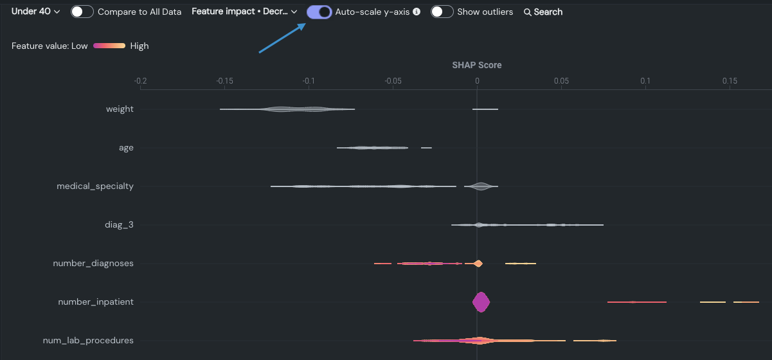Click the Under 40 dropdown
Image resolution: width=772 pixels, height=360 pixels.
pos(36,12)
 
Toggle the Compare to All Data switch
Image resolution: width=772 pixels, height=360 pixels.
pos(82,12)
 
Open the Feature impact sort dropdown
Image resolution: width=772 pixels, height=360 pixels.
pos(244,12)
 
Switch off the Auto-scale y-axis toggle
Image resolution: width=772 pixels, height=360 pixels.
pos(319,12)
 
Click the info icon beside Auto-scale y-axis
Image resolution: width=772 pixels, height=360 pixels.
pos(417,12)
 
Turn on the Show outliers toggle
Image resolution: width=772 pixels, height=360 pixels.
pos(442,12)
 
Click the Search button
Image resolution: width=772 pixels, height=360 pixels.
pos(543,12)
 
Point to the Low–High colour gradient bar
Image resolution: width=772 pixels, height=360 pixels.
pos(109,46)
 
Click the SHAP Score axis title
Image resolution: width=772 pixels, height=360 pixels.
pos(477,65)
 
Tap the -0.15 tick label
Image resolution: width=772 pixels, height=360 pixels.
pos(224,81)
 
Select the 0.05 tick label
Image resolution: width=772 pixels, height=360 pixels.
pos(561,81)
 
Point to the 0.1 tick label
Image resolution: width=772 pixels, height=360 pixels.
pos(645,81)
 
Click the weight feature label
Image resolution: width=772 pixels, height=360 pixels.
pos(120,109)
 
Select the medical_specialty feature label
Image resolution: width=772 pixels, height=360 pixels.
pos(95,186)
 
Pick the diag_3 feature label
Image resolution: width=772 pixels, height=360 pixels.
pos(120,225)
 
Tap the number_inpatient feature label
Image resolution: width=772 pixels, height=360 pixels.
pos(96,302)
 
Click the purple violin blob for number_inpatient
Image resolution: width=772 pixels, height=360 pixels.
pos(481,302)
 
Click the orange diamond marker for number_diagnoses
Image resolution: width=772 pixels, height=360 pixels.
pos(478,264)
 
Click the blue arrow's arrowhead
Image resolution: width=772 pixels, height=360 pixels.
pos(303,26)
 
